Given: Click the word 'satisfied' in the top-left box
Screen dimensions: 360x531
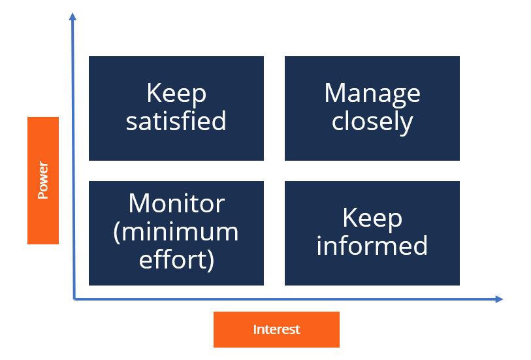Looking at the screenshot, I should click(x=176, y=121).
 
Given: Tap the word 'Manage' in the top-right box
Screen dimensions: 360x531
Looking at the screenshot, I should click(x=372, y=93).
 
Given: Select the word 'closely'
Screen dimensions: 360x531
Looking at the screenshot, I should click(x=372, y=122).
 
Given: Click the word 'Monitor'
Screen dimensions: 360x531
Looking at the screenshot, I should click(x=176, y=204).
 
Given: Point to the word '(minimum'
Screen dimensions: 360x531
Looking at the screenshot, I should click(x=176, y=232).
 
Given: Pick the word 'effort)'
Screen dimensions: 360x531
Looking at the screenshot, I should click(x=176, y=259).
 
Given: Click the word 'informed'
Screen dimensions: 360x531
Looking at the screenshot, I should click(x=372, y=246).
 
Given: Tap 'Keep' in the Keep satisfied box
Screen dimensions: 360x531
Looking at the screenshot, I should click(x=176, y=93).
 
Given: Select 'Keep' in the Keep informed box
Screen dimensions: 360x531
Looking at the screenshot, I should click(x=372, y=218).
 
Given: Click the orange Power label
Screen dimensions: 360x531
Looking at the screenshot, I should click(x=43, y=180).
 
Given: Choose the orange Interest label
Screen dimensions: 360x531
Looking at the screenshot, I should click(x=276, y=329).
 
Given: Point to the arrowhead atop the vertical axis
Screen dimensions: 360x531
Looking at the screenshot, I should click(x=72, y=16).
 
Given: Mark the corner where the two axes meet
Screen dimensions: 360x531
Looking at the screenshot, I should click(x=74, y=299).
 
